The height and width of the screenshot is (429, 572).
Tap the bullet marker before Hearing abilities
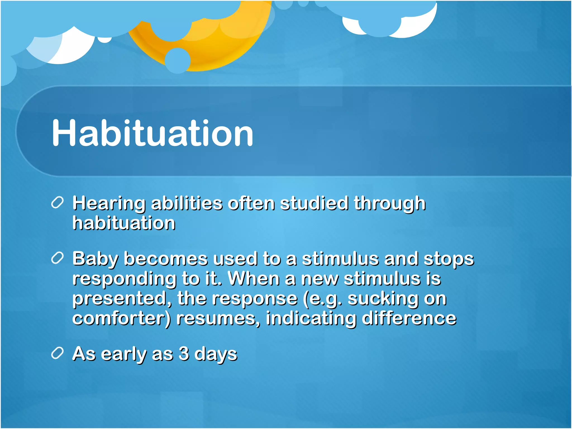click(58, 202)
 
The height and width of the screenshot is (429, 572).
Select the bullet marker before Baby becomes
click(58, 258)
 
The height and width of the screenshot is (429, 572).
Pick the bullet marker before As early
click(58, 353)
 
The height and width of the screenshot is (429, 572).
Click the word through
click(390, 203)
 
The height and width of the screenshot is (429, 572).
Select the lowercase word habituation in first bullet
click(124, 223)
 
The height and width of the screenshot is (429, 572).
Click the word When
click(254, 278)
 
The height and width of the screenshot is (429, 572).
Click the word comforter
click(120, 318)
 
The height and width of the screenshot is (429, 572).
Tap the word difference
click(409, 318)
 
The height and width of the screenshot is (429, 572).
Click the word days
click(216, 354)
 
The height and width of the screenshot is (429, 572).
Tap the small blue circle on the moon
click(177, 60)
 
